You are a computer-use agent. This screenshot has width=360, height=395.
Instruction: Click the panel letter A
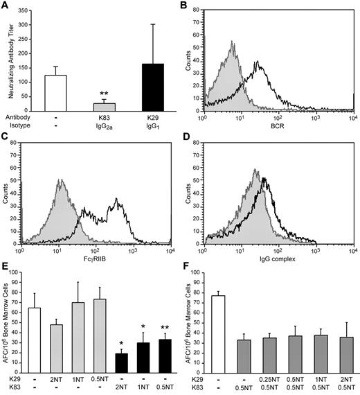pyautogui.click(x=6, y=7)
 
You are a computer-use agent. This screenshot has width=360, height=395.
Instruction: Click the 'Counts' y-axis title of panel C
pyautogui.click(x=9, y=195)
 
